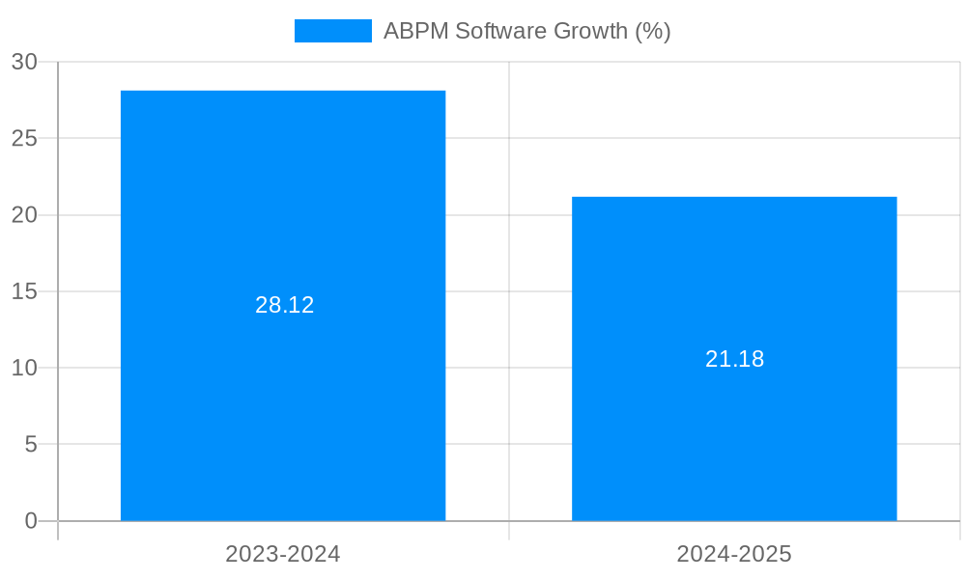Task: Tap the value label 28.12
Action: [285, 305]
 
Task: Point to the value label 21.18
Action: [734, 359]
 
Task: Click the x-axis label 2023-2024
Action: [283, 554]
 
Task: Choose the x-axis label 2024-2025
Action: [734, 554]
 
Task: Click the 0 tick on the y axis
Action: [31, 521]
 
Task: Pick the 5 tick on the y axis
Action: [31, 445]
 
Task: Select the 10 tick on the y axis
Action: [25, 368]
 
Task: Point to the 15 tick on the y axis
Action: [25, 291]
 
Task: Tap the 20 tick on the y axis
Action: [25, 215]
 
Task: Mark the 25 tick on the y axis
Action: [25, 138]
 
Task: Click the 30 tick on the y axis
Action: [25, 62]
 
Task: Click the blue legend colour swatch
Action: [333, 31]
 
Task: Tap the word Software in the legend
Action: [500, 31]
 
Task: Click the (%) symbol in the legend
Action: [652, 31]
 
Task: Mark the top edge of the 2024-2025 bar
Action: [734, 198]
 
